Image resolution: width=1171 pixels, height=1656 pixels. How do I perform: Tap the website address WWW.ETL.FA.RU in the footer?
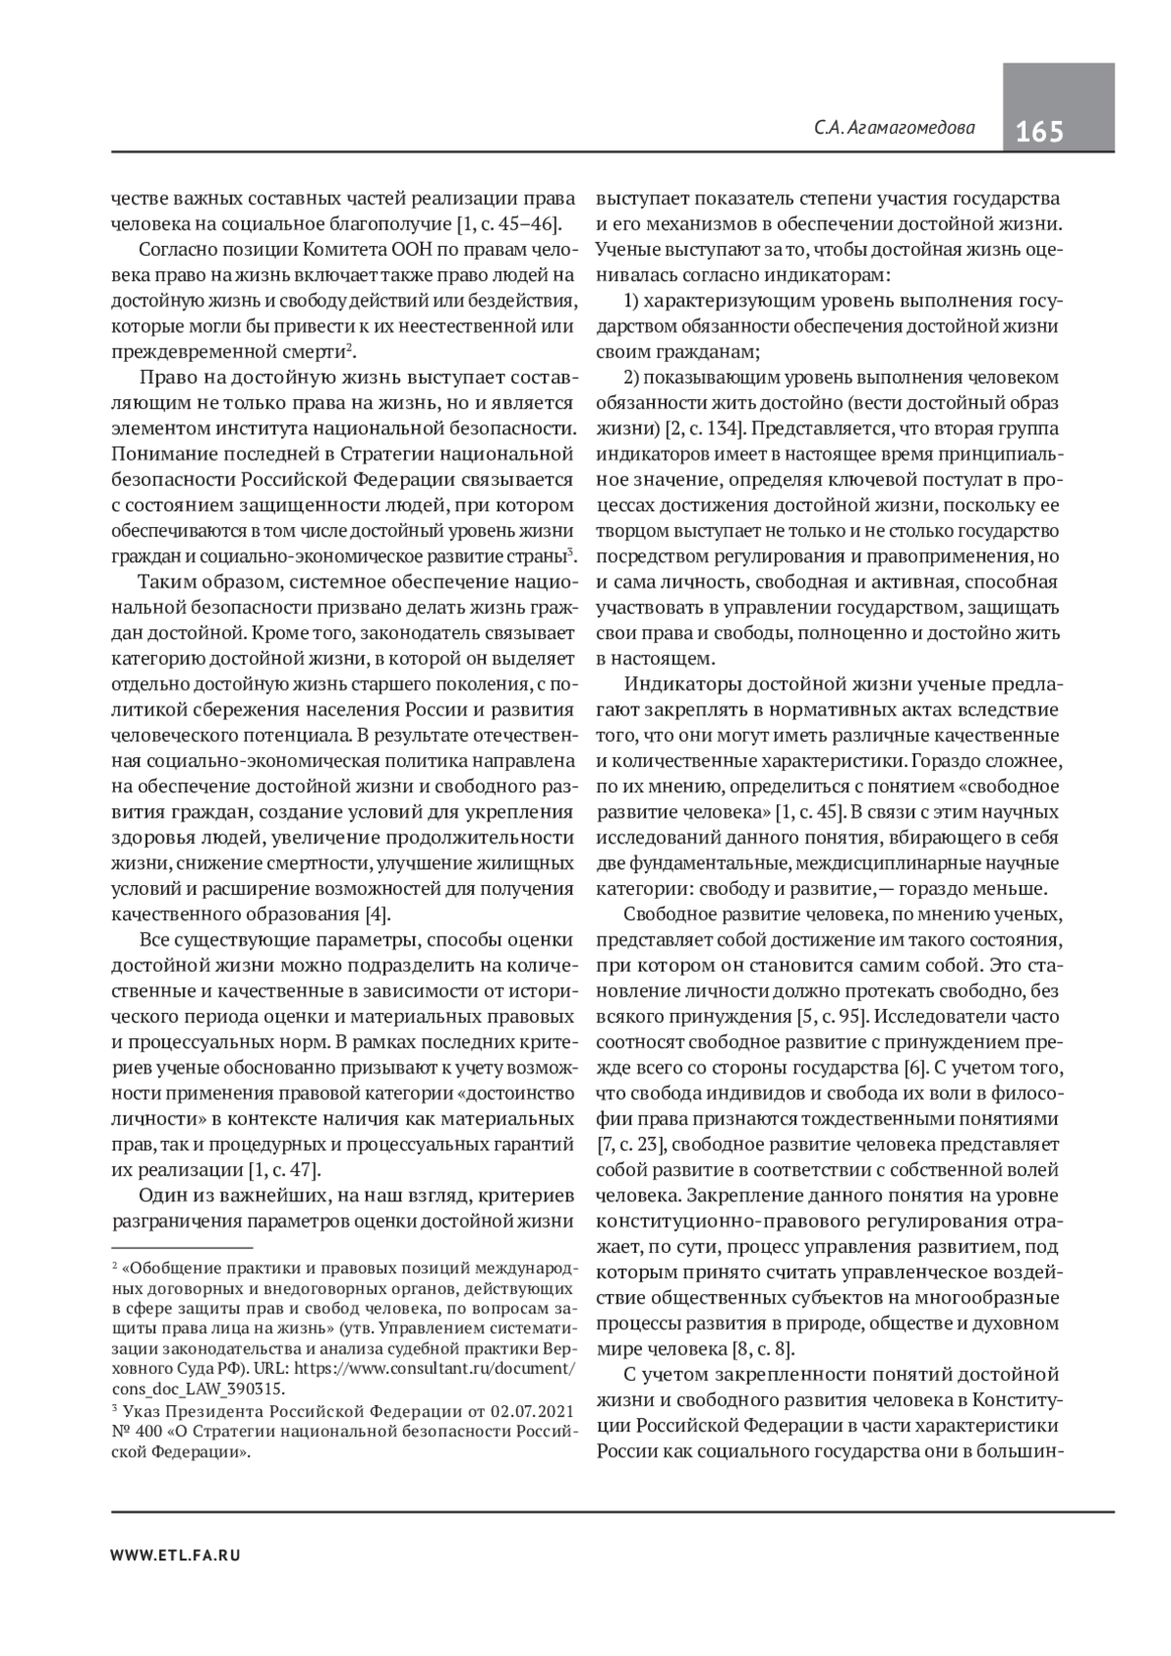pyautogui.click(x=176, y=1555)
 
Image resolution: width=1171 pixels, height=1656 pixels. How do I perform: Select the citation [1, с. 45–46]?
pyautogui.click(x=506, y=223)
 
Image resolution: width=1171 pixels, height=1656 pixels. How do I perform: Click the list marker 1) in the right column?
pyautogui.click(x=632, y=301)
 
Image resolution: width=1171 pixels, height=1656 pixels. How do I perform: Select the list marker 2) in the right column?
pyautogui.click(x=632, y=377)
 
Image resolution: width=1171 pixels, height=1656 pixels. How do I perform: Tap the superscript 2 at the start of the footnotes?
pyautogui.click(x=115, y=1267)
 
